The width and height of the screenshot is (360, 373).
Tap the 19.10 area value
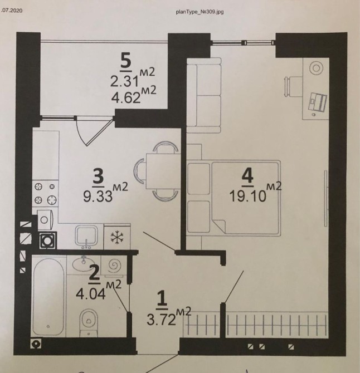[247, 197]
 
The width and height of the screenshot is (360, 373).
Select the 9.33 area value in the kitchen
[98, 197]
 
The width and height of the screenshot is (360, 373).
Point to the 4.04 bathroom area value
[91, 294]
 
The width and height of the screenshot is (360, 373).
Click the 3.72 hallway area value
[162, 320]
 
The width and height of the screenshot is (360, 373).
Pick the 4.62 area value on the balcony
[126, 97]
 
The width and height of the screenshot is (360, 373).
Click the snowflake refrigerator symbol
[117, 237]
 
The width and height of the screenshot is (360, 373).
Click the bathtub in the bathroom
[48, 297]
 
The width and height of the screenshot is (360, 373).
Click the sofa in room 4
[204, 95]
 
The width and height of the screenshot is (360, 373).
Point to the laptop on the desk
[318, 102]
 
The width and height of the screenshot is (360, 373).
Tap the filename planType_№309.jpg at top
[200, 12]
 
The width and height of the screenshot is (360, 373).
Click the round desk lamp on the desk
[316, 68]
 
